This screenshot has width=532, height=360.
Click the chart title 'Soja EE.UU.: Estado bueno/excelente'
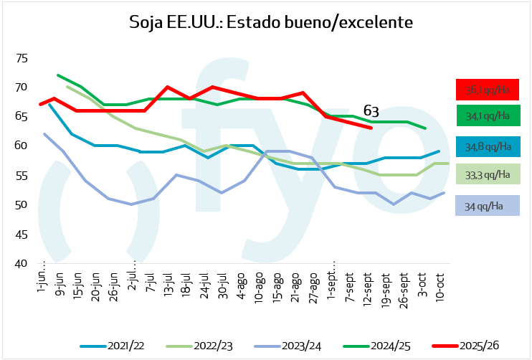(x=271, y=22)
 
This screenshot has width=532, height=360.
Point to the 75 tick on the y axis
(x=21, y=57)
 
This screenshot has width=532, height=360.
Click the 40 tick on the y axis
(x=21, y=264)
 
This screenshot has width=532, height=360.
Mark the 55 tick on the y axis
(x=21, y=176)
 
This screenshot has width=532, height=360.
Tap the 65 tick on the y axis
(x=21, y=116)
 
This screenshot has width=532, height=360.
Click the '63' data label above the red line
(x=371, y=111)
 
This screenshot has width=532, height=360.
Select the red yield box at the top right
(x=488, y=90)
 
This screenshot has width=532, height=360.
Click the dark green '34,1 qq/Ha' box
(x=488, y=115)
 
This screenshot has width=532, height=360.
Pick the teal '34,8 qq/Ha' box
(x=488, y=147)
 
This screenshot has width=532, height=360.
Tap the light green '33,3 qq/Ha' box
(x=488, y=174)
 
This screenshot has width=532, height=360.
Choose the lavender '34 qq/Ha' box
(x=488, y=207)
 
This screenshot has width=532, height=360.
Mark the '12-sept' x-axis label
(x=367, y=285)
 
